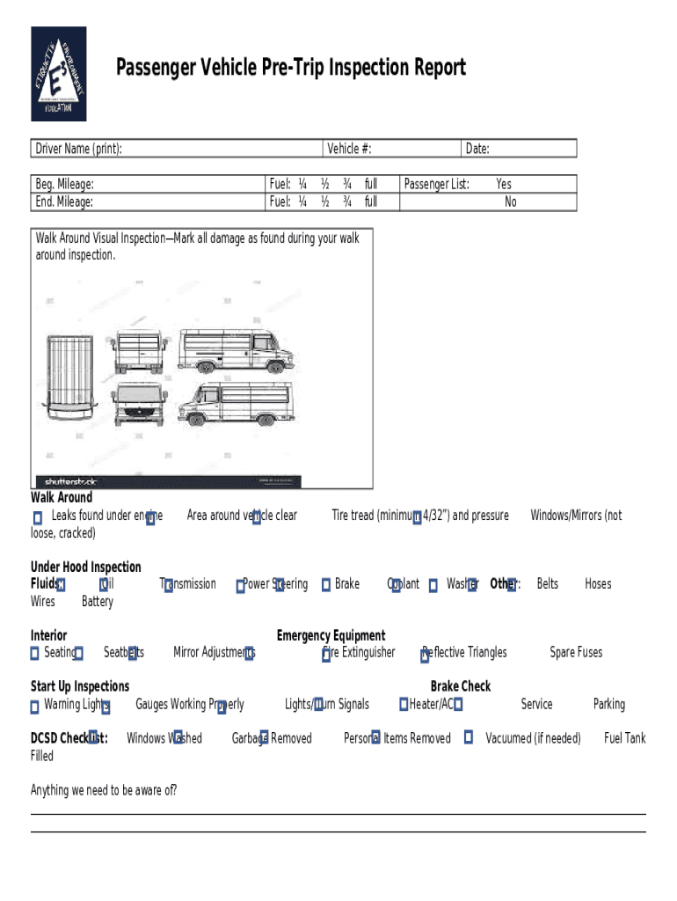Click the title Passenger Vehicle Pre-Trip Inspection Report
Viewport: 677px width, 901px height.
(x=291, y=68)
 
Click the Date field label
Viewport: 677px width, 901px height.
(x=477, y=149)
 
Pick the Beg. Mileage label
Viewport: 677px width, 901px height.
(x=64, y=184)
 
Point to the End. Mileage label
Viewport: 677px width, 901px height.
(x=64, y=201)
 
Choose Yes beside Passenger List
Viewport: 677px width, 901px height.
(x=504, y=184)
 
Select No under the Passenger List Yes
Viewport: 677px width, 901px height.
(x=511, y=201)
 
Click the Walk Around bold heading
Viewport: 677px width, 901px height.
(x=62, y=498)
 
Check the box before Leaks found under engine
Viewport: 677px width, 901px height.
(x=37, y=517)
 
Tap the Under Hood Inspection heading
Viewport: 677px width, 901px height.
(x=86, y=567)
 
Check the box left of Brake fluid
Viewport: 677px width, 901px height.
(x=326, y=585)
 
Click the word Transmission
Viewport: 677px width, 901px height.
(x=188, y=584)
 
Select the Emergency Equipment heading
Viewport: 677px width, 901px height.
(x=331, y=635)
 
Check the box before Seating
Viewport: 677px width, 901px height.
(x=35, y=654)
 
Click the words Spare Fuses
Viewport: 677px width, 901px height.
(x=576, y=653)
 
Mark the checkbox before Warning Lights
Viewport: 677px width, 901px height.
(x=35, y=706)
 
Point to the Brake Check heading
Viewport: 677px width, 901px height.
(x=461, y=686)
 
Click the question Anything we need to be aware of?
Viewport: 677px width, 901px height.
(x=104, y=790)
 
